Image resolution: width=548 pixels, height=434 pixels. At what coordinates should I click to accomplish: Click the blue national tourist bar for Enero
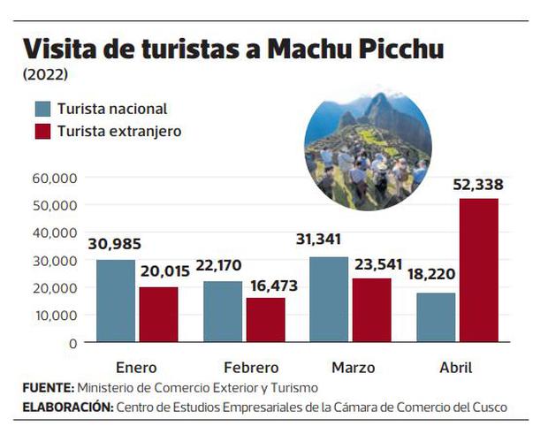116,301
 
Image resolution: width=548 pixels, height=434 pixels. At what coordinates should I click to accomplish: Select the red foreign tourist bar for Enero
157,314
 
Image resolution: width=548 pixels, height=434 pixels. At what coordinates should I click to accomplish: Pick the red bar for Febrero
265,319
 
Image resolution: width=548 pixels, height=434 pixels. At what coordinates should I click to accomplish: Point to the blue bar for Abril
436,317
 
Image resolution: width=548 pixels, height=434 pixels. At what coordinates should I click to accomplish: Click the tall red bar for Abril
478,270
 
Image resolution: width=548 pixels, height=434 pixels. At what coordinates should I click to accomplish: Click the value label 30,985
115,245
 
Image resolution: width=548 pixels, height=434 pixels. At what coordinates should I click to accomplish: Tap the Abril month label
456,368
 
